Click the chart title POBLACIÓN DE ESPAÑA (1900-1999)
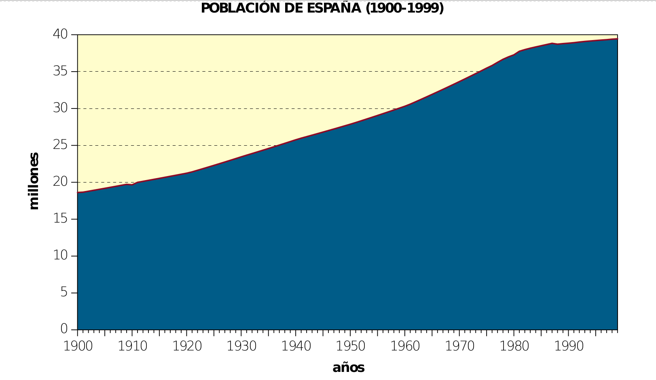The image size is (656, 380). (322, 8)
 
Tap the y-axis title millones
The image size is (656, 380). (34, 181)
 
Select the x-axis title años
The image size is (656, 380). (348, 367)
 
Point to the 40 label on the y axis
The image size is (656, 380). (60, 34)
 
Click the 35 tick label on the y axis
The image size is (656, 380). (60, 72)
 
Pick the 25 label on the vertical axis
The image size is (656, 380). (60, 145)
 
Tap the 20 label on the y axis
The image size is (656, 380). (60, 182)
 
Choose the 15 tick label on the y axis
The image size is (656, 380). (60, 219)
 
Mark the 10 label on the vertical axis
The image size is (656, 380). (60, 256)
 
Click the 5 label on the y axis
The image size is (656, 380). (64, 293)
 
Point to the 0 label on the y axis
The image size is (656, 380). (64, 329)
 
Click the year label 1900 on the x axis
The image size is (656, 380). (78, 346)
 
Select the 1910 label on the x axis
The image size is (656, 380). (133, 346)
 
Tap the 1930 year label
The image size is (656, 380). (241, 346)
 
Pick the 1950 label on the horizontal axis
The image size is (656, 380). (351, 346)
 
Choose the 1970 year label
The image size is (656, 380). (460, 346)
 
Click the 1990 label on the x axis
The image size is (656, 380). (569, 346)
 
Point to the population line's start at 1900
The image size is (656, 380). (78, 193)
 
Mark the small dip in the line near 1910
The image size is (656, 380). (132, 185)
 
